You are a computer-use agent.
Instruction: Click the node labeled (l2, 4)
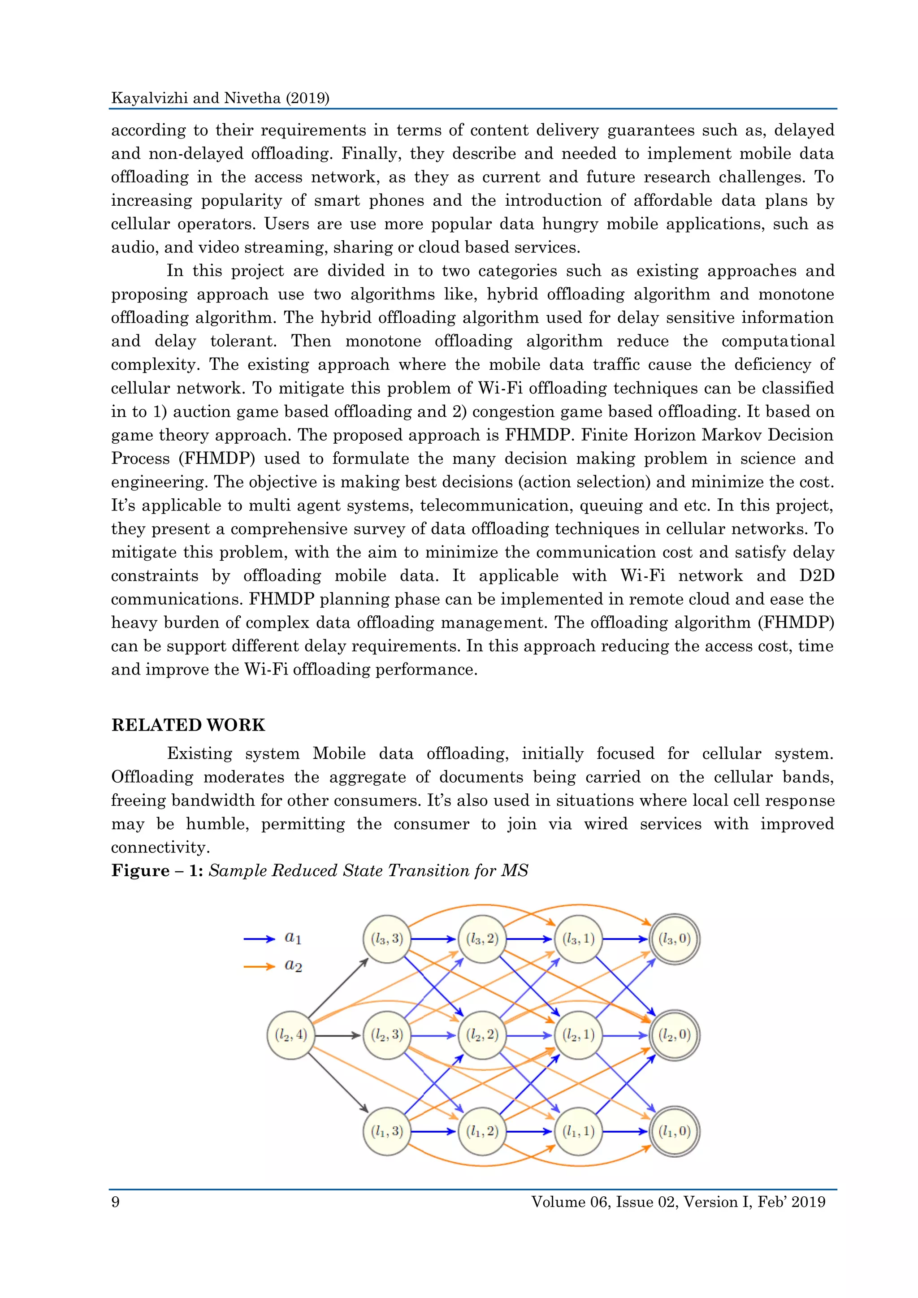290,1035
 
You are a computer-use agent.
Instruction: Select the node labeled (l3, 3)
387,939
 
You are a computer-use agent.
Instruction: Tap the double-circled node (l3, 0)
674,939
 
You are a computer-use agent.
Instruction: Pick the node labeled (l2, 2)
482,1035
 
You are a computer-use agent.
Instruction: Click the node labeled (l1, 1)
578,1131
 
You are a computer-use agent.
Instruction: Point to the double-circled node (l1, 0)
674,1131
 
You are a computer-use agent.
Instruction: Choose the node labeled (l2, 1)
578,1035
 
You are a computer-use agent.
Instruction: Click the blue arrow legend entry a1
273,939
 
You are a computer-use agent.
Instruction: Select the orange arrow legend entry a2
273,966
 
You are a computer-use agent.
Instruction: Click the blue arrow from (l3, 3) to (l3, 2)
433,939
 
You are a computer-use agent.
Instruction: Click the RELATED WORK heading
188,725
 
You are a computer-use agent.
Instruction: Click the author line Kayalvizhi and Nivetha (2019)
220,98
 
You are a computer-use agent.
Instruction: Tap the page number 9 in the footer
115,1201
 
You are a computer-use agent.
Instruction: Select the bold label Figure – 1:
157,870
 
